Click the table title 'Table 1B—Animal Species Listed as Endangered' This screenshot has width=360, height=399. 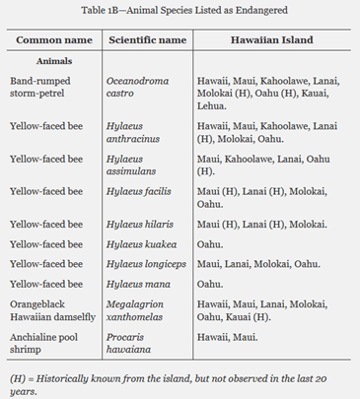click(x=180, y=12)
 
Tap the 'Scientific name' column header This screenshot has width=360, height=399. click(x=145, y=40)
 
